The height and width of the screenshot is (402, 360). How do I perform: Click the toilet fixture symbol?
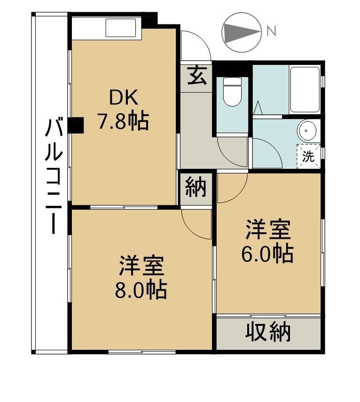click(232, 92)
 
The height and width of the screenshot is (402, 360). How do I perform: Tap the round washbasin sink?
click(308, 130)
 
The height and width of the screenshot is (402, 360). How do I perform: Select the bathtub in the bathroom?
click(305, 90)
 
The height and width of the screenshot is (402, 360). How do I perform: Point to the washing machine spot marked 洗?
click(308, 156)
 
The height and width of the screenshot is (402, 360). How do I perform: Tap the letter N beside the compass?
click(271, 31)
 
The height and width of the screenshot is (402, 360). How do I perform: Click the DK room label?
click(124, 97)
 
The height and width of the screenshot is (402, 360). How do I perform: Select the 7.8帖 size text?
click(123, 120)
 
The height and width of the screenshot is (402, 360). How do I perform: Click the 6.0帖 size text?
click(267, 253)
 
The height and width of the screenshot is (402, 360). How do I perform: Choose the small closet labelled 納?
click(196, 188)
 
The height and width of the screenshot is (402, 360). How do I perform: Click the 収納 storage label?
click(268, 332)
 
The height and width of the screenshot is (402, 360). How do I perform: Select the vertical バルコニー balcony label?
click(54, 176)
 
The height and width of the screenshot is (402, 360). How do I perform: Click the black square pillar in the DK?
click(76, 125)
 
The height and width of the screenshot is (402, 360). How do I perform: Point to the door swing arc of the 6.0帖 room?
click(238, 195)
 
